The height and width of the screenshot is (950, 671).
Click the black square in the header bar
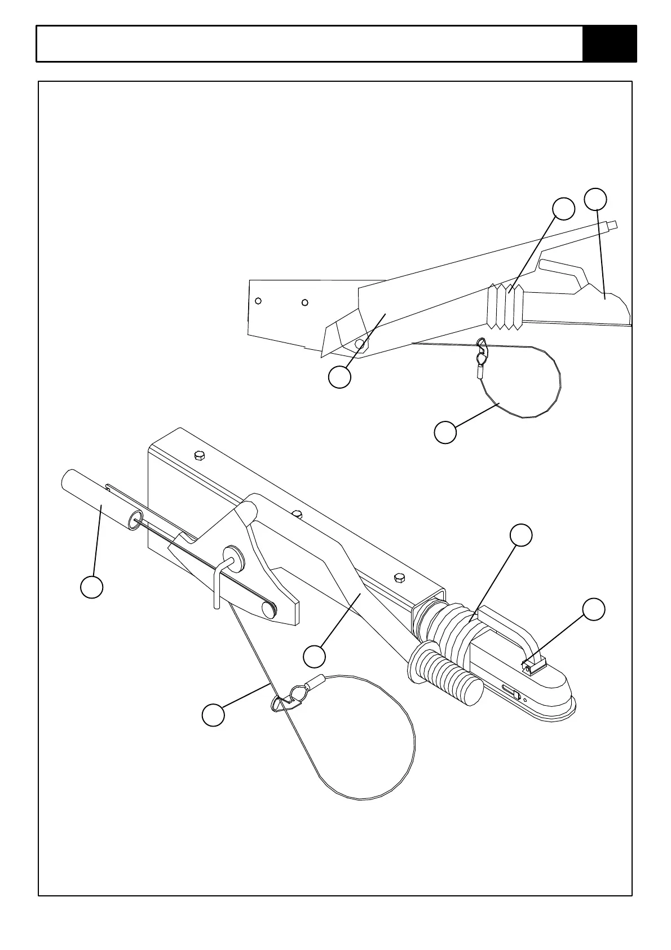(x=609, y=43)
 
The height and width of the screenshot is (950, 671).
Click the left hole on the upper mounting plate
(x=258, y=301)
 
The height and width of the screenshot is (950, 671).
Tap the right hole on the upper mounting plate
(x=304, y=302)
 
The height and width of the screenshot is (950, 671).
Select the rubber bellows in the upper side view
(x=505, y=307)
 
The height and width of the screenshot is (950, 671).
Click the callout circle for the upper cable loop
(x=445, y=432)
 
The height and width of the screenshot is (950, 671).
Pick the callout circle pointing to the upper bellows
(x=563, y=209)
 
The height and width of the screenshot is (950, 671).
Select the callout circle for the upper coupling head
(x=596, y=199)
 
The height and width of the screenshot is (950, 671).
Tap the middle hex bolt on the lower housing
(x=298, y=513)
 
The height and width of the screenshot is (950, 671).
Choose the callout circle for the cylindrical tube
(x=91, y=587)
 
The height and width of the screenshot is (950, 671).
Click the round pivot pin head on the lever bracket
(x=231, y=555)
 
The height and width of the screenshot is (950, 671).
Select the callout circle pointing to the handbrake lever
(x=314, y=656)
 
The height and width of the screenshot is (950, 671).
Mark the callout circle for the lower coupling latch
(x=594, y=609)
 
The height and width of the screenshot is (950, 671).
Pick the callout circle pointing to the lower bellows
(x=521, y=535)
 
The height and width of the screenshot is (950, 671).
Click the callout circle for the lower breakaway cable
(x=213, y=715)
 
